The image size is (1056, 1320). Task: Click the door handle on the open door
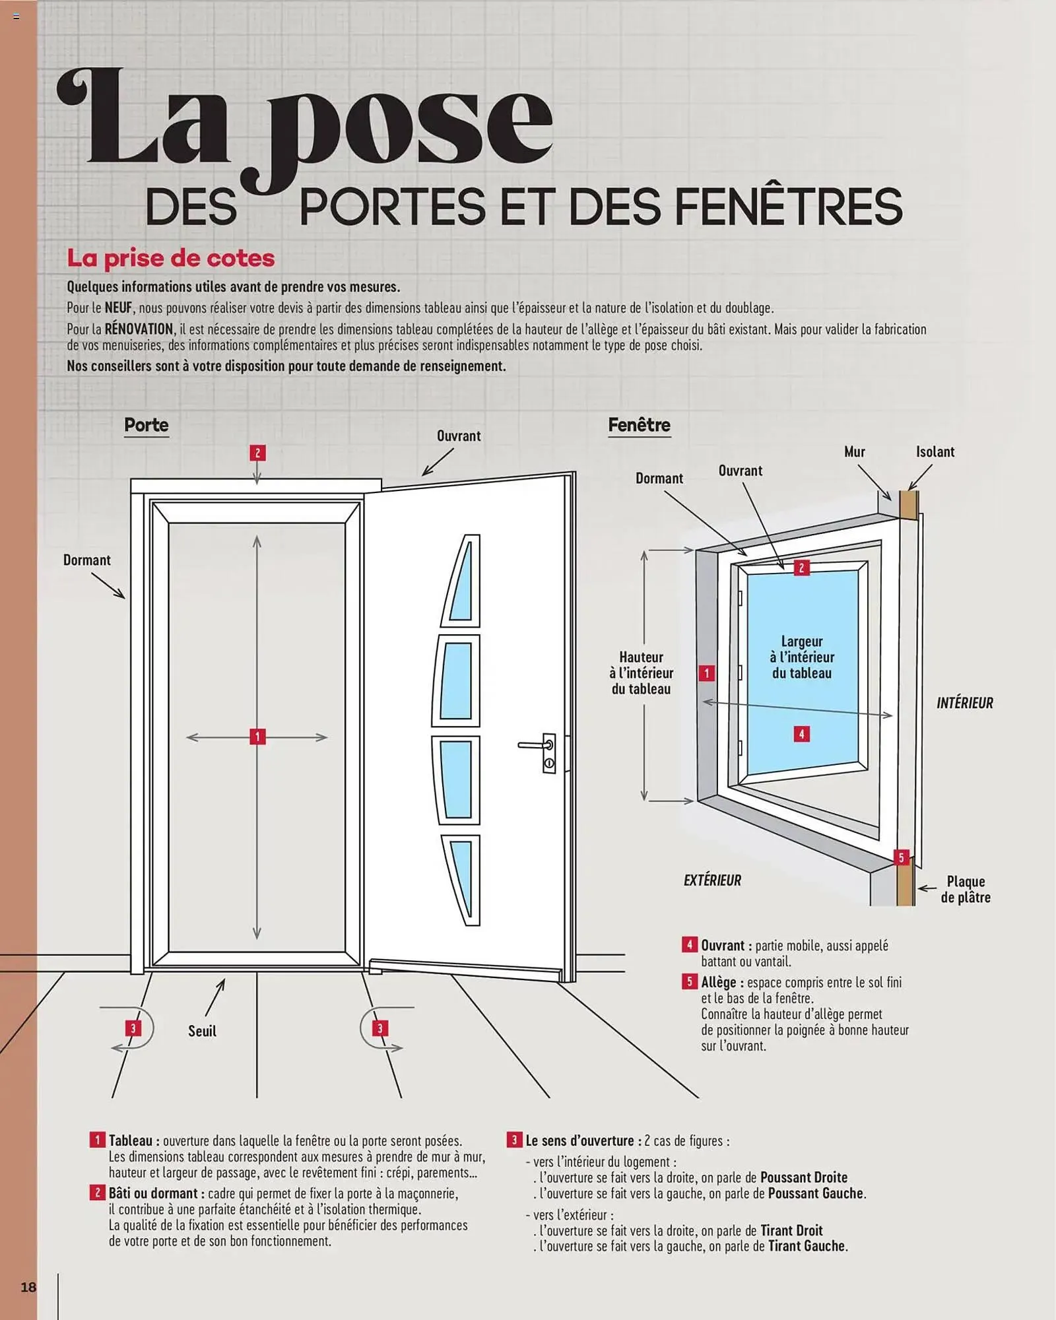(538, 746)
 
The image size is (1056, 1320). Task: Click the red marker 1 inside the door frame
(257, 737)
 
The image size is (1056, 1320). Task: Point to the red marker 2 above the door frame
(257, 453)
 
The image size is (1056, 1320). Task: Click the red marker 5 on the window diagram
(901, 858)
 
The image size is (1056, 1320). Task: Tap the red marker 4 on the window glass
(801, 734)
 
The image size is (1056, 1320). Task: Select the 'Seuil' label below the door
(202, 1031)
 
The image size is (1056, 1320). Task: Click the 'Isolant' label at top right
(935, 452)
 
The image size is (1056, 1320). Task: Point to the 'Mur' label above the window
(854, 452)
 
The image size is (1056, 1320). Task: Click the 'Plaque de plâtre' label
(965, 889)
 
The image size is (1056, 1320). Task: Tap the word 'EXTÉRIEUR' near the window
(712, 880)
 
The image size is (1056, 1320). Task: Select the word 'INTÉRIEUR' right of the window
(964, 703)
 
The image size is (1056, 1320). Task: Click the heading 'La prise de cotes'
(171, 258)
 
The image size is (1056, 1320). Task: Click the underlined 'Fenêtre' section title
(639, 425)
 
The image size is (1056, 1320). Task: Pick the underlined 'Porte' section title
(147, 425)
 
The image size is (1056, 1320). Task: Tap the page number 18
(28, 1287)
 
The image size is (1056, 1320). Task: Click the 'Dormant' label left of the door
(86, 560)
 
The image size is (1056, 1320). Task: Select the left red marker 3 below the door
(133, 1028)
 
